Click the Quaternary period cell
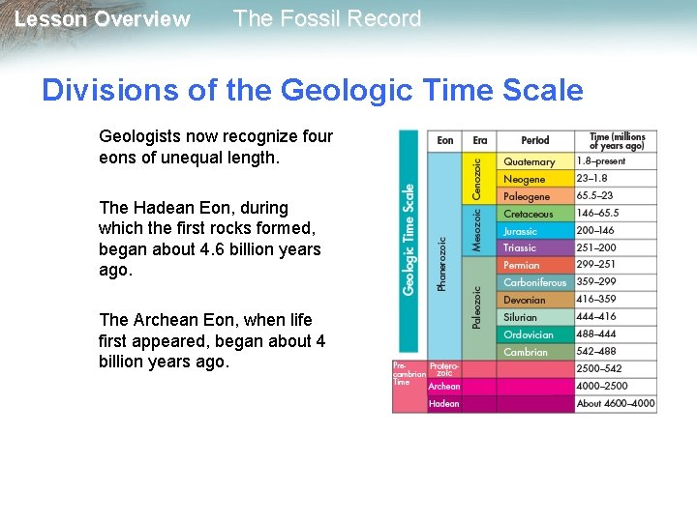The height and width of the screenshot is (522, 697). point(534,162)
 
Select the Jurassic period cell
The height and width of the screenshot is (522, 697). point(534,231)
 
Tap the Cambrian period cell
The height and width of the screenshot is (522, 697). point(534,352)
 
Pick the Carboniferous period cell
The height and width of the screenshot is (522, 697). point(534,282)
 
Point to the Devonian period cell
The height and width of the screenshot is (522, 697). point(534,300)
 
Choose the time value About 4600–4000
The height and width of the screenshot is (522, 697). point(616,403)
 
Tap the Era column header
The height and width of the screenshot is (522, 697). point(480,141)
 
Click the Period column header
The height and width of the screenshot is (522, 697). point(534,141)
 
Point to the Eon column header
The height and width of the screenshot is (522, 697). point(444,141)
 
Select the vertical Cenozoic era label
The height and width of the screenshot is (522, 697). point(477,180)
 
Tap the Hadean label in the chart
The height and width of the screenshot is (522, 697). point(444,403)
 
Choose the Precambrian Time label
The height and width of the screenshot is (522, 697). point(408,374)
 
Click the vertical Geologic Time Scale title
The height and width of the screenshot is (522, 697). point(409,239)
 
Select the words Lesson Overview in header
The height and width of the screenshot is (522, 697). point(103,19)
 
